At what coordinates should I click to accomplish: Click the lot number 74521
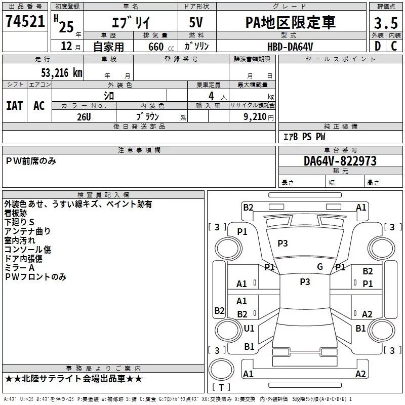pos(25,21)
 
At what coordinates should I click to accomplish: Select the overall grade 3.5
pos(386,23)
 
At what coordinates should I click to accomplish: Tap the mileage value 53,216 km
pos(62,73)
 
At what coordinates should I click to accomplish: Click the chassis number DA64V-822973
pos(340,160)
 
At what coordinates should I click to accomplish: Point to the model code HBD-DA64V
pos(290,47)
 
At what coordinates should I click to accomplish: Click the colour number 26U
pos(84,117)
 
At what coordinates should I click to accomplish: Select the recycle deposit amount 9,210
pos(255,117)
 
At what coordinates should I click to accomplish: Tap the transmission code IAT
pos(15,106)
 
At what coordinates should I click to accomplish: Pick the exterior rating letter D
pos(378,46)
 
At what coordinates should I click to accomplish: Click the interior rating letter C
pos(394,46)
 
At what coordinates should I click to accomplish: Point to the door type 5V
pos(196,22)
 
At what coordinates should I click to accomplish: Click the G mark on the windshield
pos(320,267)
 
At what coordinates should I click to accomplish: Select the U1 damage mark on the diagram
pos(249,328)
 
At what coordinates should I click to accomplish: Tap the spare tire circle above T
pos(221,370)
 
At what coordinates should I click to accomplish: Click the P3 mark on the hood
pos(282,244)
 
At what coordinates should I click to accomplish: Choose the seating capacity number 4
pos(211,96)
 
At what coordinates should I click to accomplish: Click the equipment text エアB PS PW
pos(304,137)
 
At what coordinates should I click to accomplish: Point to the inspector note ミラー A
pos(19,268)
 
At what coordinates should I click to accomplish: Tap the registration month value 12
pos(66,46)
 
